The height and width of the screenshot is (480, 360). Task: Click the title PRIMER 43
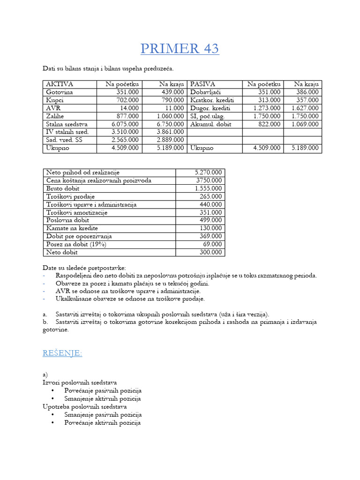coord(180,48)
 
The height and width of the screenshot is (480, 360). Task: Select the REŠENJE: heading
coord(62,353)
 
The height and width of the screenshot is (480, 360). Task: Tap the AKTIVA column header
coord(60,84)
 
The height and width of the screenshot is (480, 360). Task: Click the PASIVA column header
coord(202,84)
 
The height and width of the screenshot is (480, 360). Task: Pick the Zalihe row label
coord(56,116)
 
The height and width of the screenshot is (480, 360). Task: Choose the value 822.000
coord(270,124)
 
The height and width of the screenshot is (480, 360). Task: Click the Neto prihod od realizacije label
coord(83,172)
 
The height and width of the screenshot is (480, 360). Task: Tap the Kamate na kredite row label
coord(72,228)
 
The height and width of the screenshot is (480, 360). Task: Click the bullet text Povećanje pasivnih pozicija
coord(103,390)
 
